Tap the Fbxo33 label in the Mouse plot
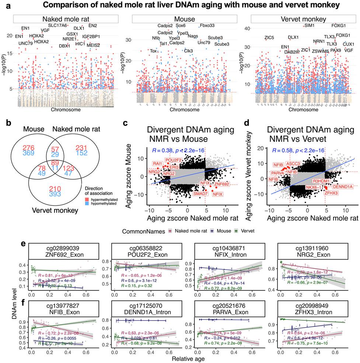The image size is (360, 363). (x=207, y=26)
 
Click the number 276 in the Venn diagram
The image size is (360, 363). (x=28, y=148)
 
